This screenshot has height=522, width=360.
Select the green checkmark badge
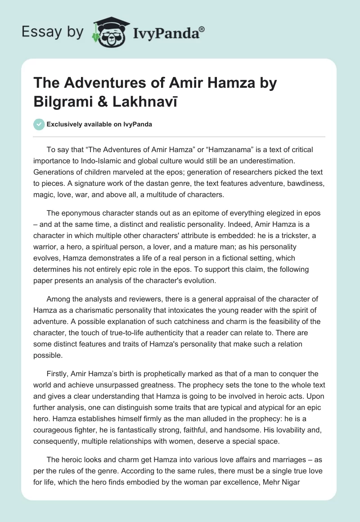pyautogui.click(x=39, y=124)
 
